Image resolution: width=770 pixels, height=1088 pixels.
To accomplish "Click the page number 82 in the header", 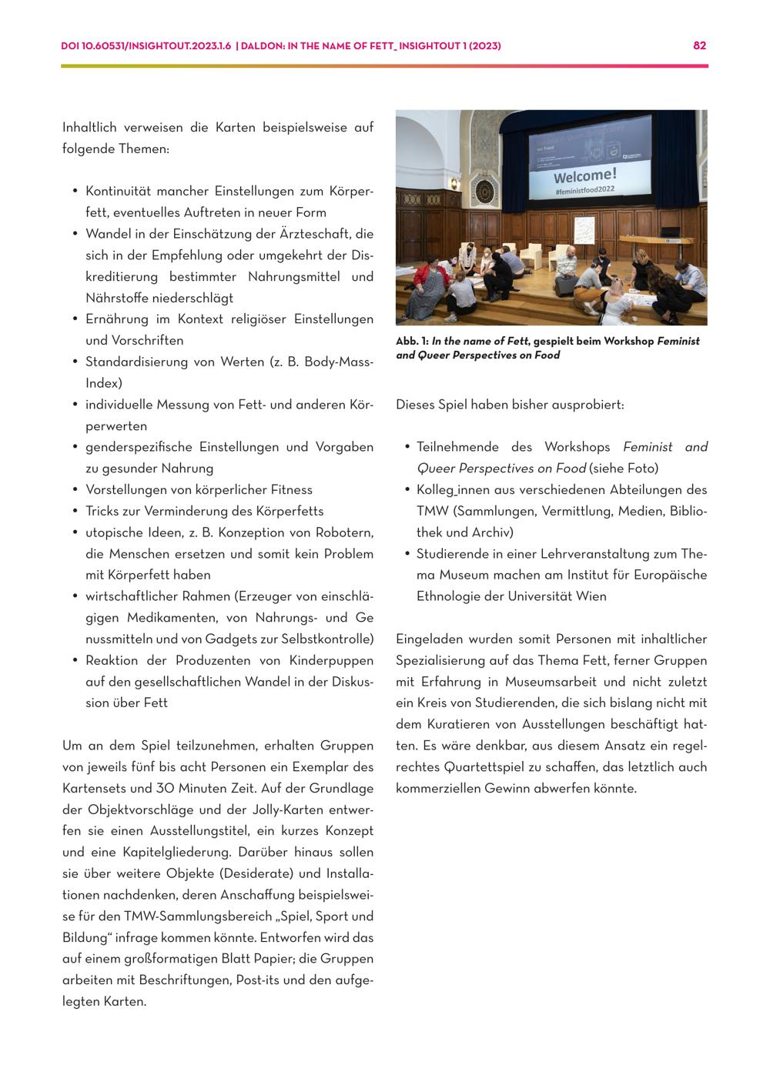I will [x=699, y=45].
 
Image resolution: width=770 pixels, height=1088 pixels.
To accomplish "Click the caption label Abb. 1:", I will [x=412, y=341].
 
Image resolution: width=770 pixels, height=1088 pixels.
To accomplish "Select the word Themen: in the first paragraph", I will [x=144, y=149].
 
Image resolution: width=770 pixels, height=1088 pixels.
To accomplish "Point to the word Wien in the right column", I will [x=591, y=596].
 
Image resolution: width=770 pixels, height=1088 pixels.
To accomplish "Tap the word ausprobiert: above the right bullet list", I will [x=587, y=404].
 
